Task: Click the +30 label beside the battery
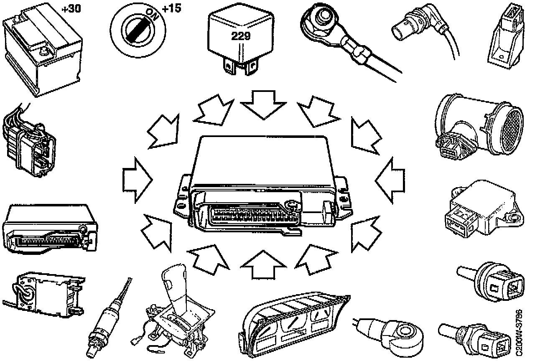[x=71, y=8]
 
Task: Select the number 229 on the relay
[x=241, y=36]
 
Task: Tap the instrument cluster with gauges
[x=293, y=322]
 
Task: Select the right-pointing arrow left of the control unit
[x=138, y=180]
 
